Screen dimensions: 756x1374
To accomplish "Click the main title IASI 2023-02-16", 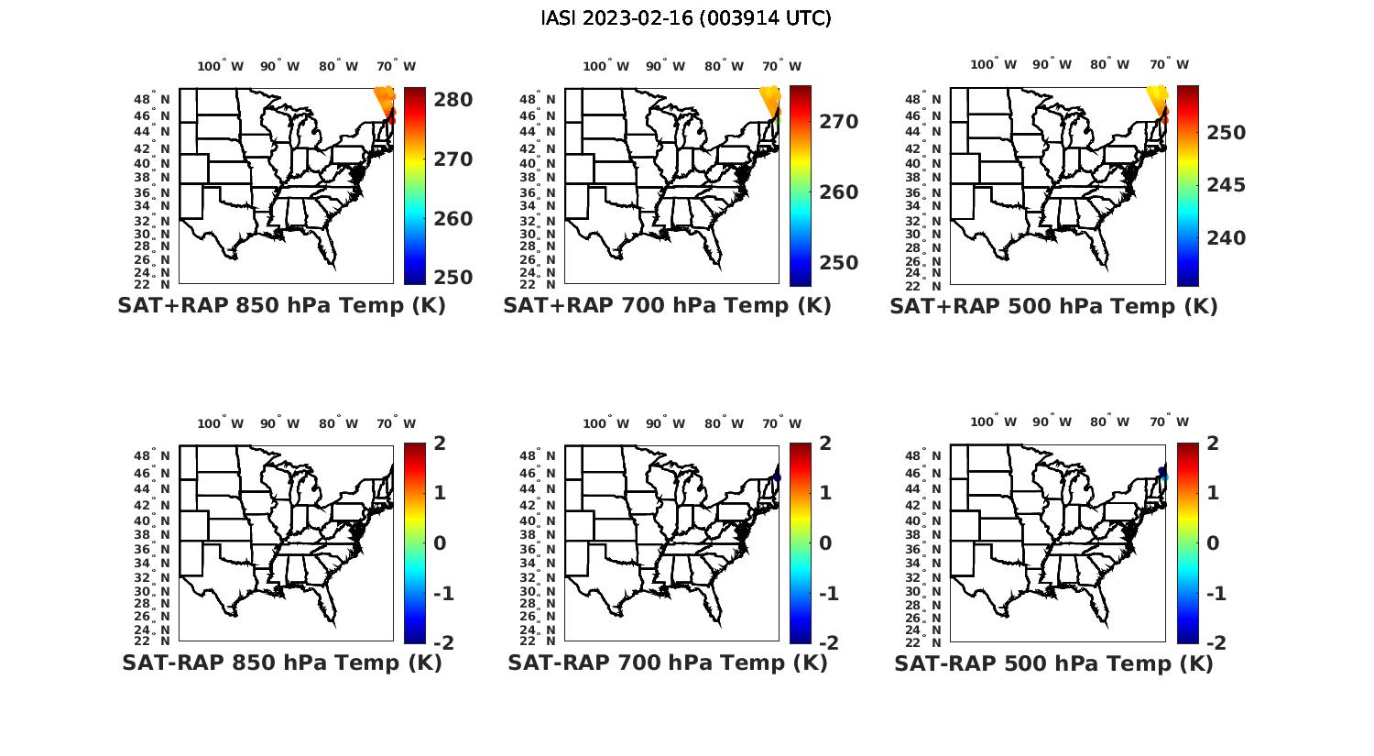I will pyautogui.click(x=686, y=18).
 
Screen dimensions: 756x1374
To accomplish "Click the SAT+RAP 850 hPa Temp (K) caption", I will pyautogui.click(x=281, y=306).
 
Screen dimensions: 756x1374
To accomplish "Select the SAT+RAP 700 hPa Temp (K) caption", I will pyautogui.click(x=667, y=306).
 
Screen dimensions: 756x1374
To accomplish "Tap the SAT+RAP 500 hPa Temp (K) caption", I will pyautogui.click(x=1053, y=307).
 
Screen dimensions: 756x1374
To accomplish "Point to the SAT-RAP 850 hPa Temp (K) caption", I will pyautogui.click(x=282, y=663).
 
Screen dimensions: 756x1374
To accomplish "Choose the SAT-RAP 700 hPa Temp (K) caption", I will pyautogui.click(x=668, y=663).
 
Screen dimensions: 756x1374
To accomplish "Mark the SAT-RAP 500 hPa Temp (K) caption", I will pyautogui.click(x=1053, y=663).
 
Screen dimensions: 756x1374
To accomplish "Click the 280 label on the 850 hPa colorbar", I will pyautogui.click(x=453, y=100).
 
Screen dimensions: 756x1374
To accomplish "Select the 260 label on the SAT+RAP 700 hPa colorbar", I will pyautogui.click(x=838, y=192).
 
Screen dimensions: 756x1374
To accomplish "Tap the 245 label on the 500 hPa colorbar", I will pyautogui.click(x=1226, y=185).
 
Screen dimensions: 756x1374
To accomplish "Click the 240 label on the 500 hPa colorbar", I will pyautogui.click(x=1226, y=238).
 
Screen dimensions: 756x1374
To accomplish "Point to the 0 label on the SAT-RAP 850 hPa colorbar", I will pyautogui.click(x=439, y=543).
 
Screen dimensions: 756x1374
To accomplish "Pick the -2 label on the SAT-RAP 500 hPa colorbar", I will pyautogui.click(x=1214, y=643).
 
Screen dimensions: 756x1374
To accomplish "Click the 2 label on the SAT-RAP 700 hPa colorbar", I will pyautogui.click(x=824, y=444).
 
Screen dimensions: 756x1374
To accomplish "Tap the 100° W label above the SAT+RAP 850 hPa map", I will pyautogui.click(x=220, y=66).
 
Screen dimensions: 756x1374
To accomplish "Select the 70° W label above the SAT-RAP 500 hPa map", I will pyautogui.click(x=1168, y=422).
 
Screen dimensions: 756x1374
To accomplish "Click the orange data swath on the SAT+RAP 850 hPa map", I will pyautogui.click(x=384, y=99).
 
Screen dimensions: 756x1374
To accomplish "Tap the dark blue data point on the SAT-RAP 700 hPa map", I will pyautogui.click(x=777, y=477).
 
